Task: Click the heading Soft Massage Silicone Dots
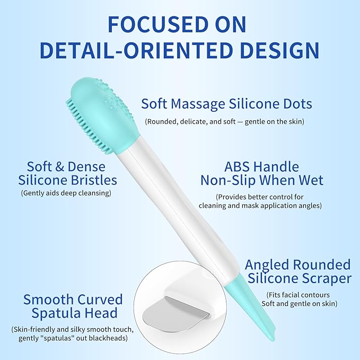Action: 226,104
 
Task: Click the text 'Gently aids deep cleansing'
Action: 66,193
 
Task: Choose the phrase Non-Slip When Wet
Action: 261,180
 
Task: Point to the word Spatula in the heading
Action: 49,313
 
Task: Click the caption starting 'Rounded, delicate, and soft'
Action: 225,121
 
